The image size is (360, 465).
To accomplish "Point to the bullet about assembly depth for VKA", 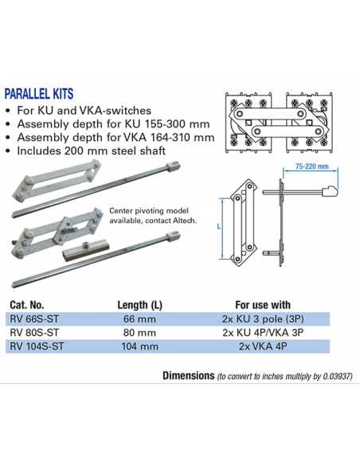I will pyautogui.click(x=95, y=138).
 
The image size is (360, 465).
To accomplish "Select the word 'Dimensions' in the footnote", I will pyautogui.click(x=188, y=375).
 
